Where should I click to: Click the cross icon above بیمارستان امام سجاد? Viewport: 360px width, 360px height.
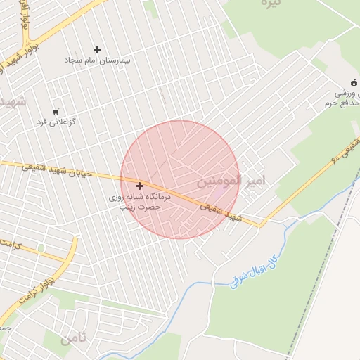pos(97,49)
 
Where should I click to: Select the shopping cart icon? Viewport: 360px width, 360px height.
pos(55,111)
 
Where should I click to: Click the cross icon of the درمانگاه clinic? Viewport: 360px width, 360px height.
pos(139,186)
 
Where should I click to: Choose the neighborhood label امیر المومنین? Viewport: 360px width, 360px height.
pos(231,181)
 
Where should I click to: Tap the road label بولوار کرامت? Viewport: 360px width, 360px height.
pos(32,292)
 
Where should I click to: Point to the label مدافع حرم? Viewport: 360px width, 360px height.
pos(345,104)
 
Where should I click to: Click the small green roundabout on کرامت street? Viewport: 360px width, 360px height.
pos(41,247)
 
